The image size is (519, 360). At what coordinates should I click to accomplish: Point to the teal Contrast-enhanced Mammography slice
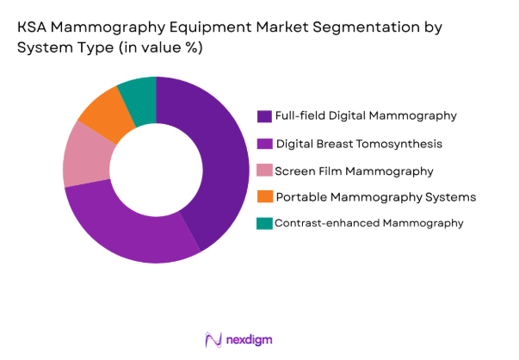click(139, 93)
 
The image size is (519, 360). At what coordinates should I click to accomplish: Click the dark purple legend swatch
click(264, 115)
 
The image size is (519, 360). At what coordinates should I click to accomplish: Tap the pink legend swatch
click(264, 171)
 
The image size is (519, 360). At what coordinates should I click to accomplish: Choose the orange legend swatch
click(264, 197)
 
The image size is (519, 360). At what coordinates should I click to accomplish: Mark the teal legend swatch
click(264, 223)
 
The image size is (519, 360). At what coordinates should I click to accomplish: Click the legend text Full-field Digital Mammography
click(364, 115)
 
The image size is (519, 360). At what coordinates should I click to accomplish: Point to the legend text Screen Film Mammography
click(353, 171)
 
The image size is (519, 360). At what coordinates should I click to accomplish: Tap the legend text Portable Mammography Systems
click(374, 197)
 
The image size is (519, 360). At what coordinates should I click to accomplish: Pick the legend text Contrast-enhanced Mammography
click(368, 223)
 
